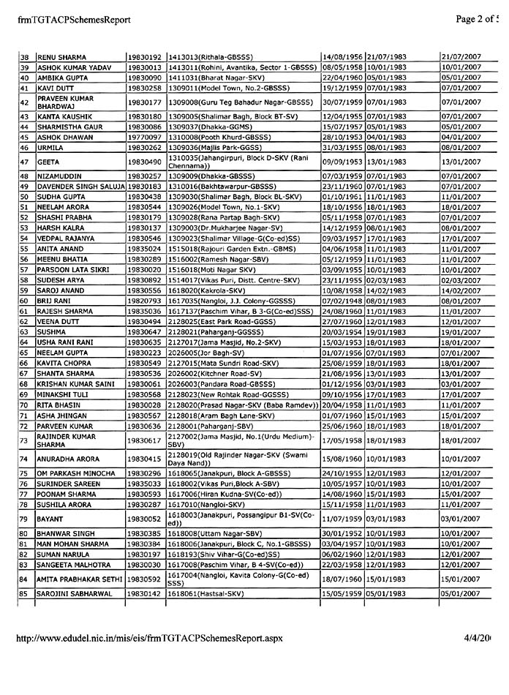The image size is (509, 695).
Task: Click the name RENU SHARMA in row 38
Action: point(61,56)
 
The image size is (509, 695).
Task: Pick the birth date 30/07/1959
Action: point(338,102)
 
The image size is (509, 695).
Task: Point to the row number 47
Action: point(25,162)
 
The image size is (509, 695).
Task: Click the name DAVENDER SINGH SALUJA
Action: point(80,187)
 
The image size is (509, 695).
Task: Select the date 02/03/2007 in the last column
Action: point(461,279)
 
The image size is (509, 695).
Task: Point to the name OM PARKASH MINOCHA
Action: point(76,474)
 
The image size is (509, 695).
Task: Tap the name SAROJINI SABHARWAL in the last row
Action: point(75,593)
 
